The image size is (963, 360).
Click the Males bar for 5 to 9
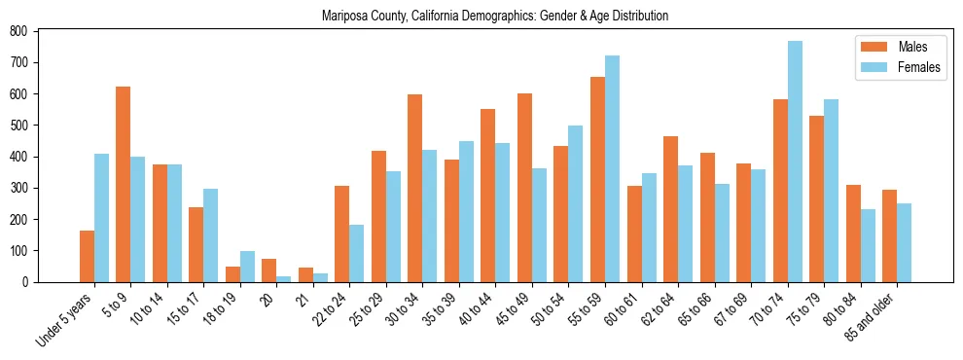(x=124, y=184)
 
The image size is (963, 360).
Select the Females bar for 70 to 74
(x=795, y=162)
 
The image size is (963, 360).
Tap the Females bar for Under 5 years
(x=101, y=218)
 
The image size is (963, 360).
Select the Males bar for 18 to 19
(x=232, y=273)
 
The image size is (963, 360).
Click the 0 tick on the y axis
(x=31, y=282)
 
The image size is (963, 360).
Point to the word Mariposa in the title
(x=344, y=17)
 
